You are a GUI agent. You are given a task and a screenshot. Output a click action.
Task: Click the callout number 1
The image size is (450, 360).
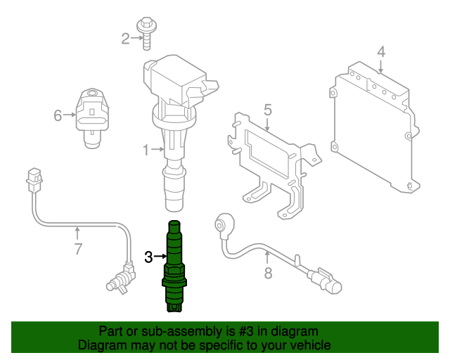click(x=146, y=150)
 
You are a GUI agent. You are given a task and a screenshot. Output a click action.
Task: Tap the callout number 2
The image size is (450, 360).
click(x=126, y=39)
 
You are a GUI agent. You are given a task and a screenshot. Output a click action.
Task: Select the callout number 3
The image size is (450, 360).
click(x=148, y=257)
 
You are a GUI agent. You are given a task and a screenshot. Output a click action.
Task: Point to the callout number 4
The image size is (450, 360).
click(x=380, y=51)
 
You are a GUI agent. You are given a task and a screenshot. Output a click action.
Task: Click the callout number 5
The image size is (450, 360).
click(x=267, y=109)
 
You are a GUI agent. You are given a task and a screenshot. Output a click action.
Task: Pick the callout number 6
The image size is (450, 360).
click(x=58, y=115)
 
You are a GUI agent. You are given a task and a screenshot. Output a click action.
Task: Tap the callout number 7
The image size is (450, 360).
click(x=78, y=248)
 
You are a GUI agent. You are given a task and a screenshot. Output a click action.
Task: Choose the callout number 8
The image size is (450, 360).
click(x=268, y=273)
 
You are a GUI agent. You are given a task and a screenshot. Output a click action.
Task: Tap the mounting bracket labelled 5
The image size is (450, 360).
click(x=271, y=158)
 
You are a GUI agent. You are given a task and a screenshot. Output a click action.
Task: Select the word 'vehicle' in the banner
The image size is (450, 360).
click(x=307, y=345)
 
